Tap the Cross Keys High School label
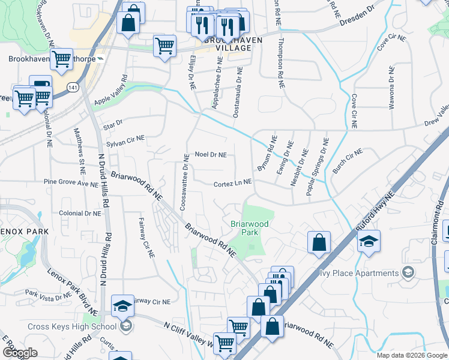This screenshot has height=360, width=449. [72, 327]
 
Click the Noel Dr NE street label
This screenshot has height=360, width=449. [211, 154]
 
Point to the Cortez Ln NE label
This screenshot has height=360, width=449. [232, 184]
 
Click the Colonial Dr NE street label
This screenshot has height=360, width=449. [80, 213]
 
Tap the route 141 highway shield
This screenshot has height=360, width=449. [73, 88]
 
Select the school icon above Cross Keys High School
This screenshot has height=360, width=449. [122, 305]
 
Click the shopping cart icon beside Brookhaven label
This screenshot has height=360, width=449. [61, 59]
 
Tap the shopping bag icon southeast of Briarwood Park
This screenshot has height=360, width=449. [319, 242]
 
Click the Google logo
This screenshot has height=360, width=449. [20, 353]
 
